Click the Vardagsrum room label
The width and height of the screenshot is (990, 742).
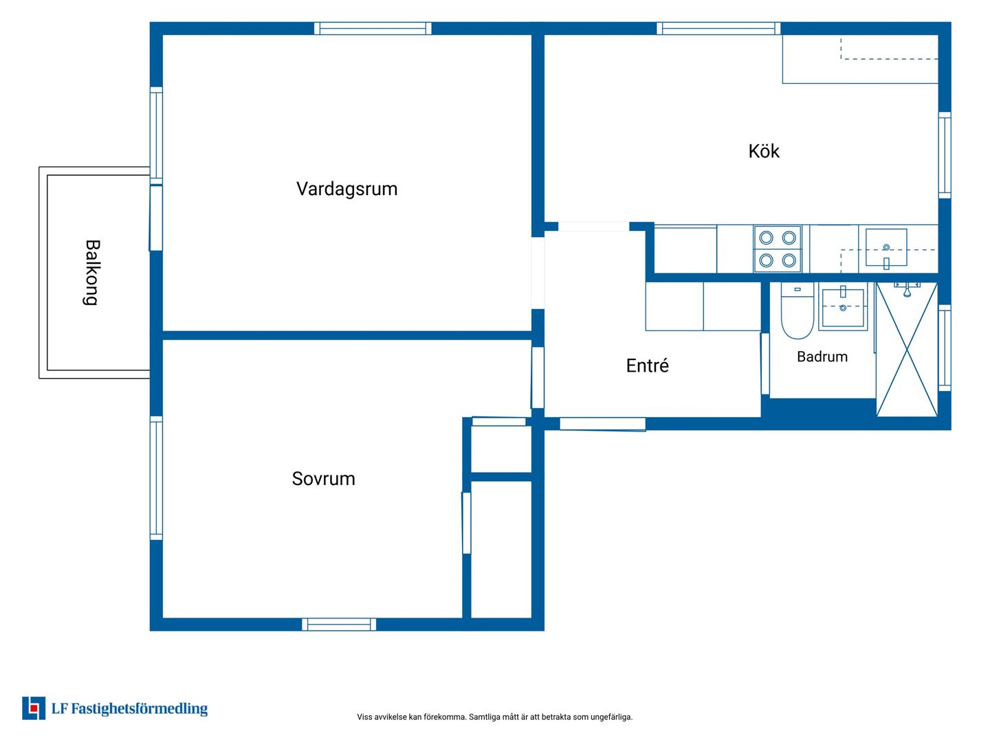(346, 189)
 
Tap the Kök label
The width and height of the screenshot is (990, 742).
(764, 151)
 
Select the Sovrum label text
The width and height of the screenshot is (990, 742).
(323, 478)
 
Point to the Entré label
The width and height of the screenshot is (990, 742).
(647, 365)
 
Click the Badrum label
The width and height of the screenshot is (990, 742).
(822, 357)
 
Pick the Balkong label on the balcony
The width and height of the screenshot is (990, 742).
(92, 273)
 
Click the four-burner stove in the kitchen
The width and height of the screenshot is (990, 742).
(777, 249)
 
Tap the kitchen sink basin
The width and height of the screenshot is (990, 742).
(885, 247)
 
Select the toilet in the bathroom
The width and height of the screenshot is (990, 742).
(797, 311)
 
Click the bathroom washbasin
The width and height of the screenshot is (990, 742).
(842, 307)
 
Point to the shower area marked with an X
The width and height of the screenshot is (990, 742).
(907, 349)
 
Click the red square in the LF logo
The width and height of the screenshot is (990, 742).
(33, 708)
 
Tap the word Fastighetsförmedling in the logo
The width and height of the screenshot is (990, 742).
(140, 708)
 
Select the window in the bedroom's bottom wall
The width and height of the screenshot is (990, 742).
(339, 624)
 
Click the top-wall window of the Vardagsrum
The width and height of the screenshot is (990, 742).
(373, 28)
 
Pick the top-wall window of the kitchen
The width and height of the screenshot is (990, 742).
(718, 28)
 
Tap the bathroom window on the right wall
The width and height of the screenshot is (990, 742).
(945, 348)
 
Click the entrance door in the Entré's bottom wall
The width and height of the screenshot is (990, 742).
(602, 424)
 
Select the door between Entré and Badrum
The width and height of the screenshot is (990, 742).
(765, 364)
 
